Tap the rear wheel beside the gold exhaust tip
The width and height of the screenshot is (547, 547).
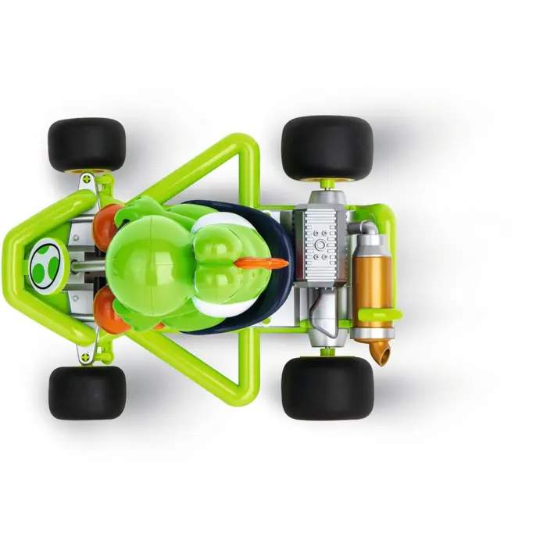[327, 388]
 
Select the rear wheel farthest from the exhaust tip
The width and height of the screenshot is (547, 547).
[327, 148]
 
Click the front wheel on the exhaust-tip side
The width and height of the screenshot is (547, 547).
[87, 391]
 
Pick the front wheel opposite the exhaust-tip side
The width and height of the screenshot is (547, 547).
[87, 145]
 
